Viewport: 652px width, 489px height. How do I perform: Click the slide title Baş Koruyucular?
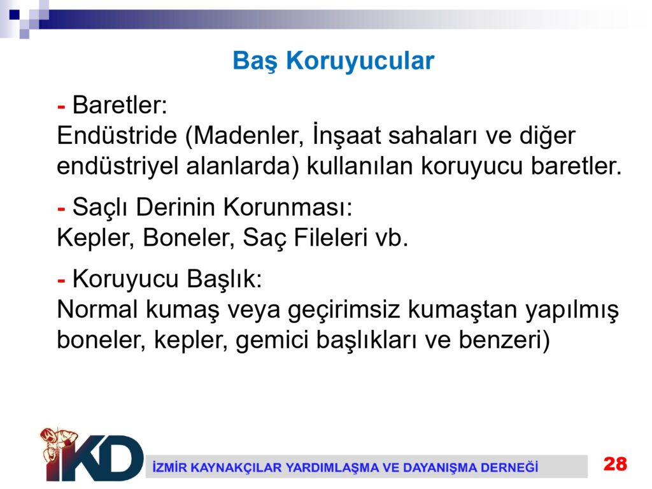point(334,62)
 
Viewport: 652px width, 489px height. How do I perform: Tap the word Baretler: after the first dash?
point(120,105)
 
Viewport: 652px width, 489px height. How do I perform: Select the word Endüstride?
point(117,136)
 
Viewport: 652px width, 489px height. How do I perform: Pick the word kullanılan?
point(359,166)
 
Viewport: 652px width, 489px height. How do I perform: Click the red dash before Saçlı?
point(61,208)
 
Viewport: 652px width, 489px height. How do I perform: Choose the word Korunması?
point(288,207)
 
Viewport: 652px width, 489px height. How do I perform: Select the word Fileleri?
point(331,238)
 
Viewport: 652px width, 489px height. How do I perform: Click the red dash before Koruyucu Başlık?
point(61,280)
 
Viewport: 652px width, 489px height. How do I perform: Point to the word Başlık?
point(225,279)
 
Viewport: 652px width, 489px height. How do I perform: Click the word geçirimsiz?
point(344,311)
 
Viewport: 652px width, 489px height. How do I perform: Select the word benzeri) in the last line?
point(504,340)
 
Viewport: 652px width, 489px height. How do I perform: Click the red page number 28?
point(616,464)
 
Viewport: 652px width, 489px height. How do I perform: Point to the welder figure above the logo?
point(58,442)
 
